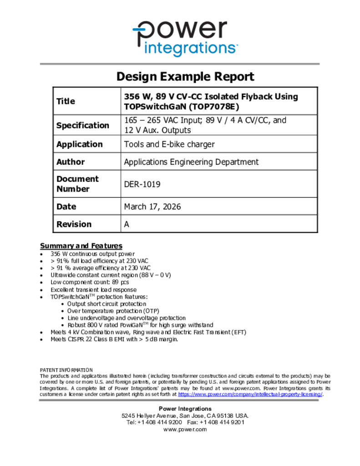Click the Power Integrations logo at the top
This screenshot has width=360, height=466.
coord(185,38)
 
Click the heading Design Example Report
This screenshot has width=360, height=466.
coord(185,76)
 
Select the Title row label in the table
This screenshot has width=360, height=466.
coord(66,101)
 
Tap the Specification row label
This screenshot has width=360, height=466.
coord(82,125)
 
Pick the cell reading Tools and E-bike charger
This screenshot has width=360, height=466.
coord(169,144)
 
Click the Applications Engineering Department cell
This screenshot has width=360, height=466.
coord(191,162)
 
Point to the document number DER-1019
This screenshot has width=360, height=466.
coord(142,184)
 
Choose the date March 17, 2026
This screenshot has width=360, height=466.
coord(152,207)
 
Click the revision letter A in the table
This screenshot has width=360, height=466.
coord(127,224)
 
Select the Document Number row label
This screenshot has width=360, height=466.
coord(77,184)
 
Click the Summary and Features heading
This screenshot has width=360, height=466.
coord(81,246)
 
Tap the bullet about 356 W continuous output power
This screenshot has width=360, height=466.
coord(92,254)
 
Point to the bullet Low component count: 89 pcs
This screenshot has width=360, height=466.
coord(90,282)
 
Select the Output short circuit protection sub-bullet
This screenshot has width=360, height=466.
coord(107,304)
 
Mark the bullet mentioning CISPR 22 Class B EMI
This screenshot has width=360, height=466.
coord(114,339)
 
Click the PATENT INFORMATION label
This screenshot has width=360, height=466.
coord(66,370)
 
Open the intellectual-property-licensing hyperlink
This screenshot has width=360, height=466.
coord(250,394)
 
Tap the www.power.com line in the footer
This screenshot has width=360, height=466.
coord(185,429)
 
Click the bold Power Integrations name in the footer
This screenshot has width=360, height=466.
coord(185,409)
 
